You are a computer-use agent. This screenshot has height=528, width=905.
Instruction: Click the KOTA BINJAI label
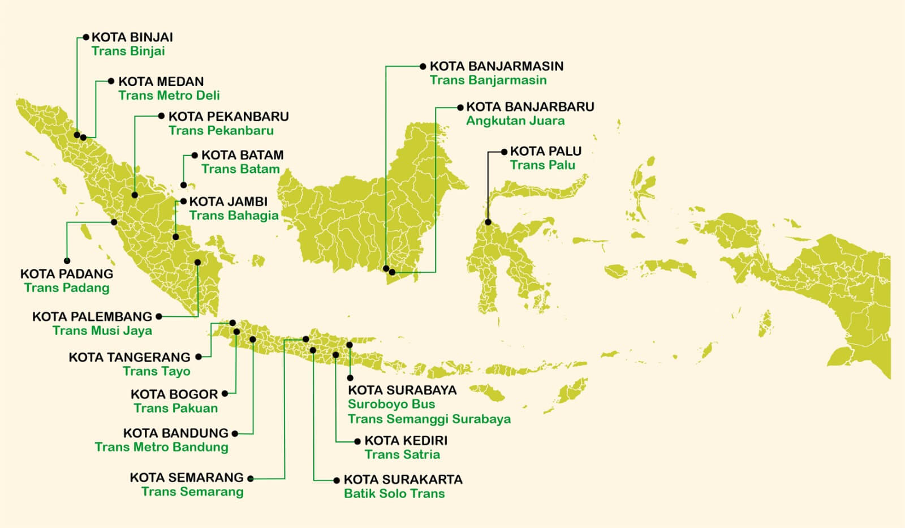coord(132,37)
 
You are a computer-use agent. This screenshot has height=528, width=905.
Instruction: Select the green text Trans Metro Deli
coord(169,96)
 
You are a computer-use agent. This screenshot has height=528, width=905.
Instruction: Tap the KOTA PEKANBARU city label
coord(229,117)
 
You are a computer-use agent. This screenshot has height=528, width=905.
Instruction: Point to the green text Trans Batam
coord(240,169)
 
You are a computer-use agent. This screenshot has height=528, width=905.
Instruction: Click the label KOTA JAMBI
coord(228,201)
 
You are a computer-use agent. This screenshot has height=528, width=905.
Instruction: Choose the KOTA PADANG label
coord(67,274)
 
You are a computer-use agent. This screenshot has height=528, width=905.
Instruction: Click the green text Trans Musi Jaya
coord(102,330)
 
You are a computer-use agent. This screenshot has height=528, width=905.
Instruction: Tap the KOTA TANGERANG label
coord(130,357)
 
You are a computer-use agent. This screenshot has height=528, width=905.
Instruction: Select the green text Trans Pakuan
coord(175,408)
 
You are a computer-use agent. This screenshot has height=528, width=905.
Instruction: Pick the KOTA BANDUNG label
coord(176,433)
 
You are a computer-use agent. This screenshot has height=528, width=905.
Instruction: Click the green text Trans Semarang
coord(192,491)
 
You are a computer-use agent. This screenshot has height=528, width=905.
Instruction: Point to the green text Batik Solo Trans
coord(394,493)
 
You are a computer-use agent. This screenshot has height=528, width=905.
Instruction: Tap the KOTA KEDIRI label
coord(406,441)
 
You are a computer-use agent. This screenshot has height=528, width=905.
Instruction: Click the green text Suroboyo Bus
coord(391,404)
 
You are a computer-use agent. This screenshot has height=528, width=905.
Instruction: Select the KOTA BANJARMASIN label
coord(497,66)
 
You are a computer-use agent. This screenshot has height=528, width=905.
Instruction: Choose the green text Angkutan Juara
coord(515,121)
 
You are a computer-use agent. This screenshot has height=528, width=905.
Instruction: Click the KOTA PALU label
coord(545,152)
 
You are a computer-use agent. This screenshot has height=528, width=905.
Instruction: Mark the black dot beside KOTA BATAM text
coord(195,155)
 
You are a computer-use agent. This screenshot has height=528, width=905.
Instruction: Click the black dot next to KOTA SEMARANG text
coord(251,479)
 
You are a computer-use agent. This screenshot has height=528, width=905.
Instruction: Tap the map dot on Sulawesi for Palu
coord(488,222)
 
